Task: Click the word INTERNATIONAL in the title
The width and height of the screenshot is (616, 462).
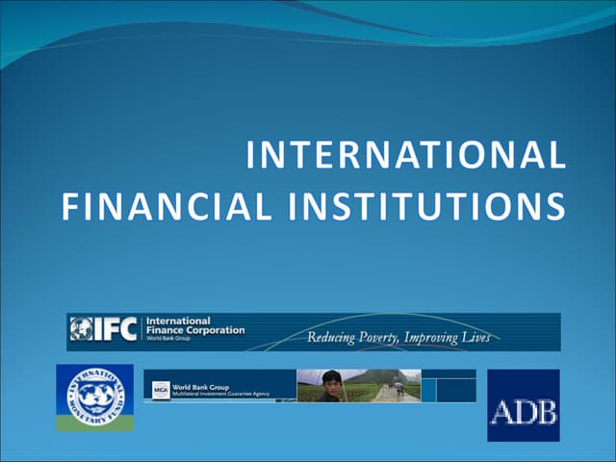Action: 405,157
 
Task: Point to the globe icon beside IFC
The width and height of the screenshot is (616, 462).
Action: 81,330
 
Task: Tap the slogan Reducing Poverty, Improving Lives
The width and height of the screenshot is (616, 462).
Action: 398,338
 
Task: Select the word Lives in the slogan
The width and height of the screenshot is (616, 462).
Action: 475,338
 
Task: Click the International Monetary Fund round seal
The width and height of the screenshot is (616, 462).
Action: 94,392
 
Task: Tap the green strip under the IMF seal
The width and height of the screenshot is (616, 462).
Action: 94,423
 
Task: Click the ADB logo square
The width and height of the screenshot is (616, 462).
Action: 523,405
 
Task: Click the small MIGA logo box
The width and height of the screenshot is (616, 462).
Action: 161,390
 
